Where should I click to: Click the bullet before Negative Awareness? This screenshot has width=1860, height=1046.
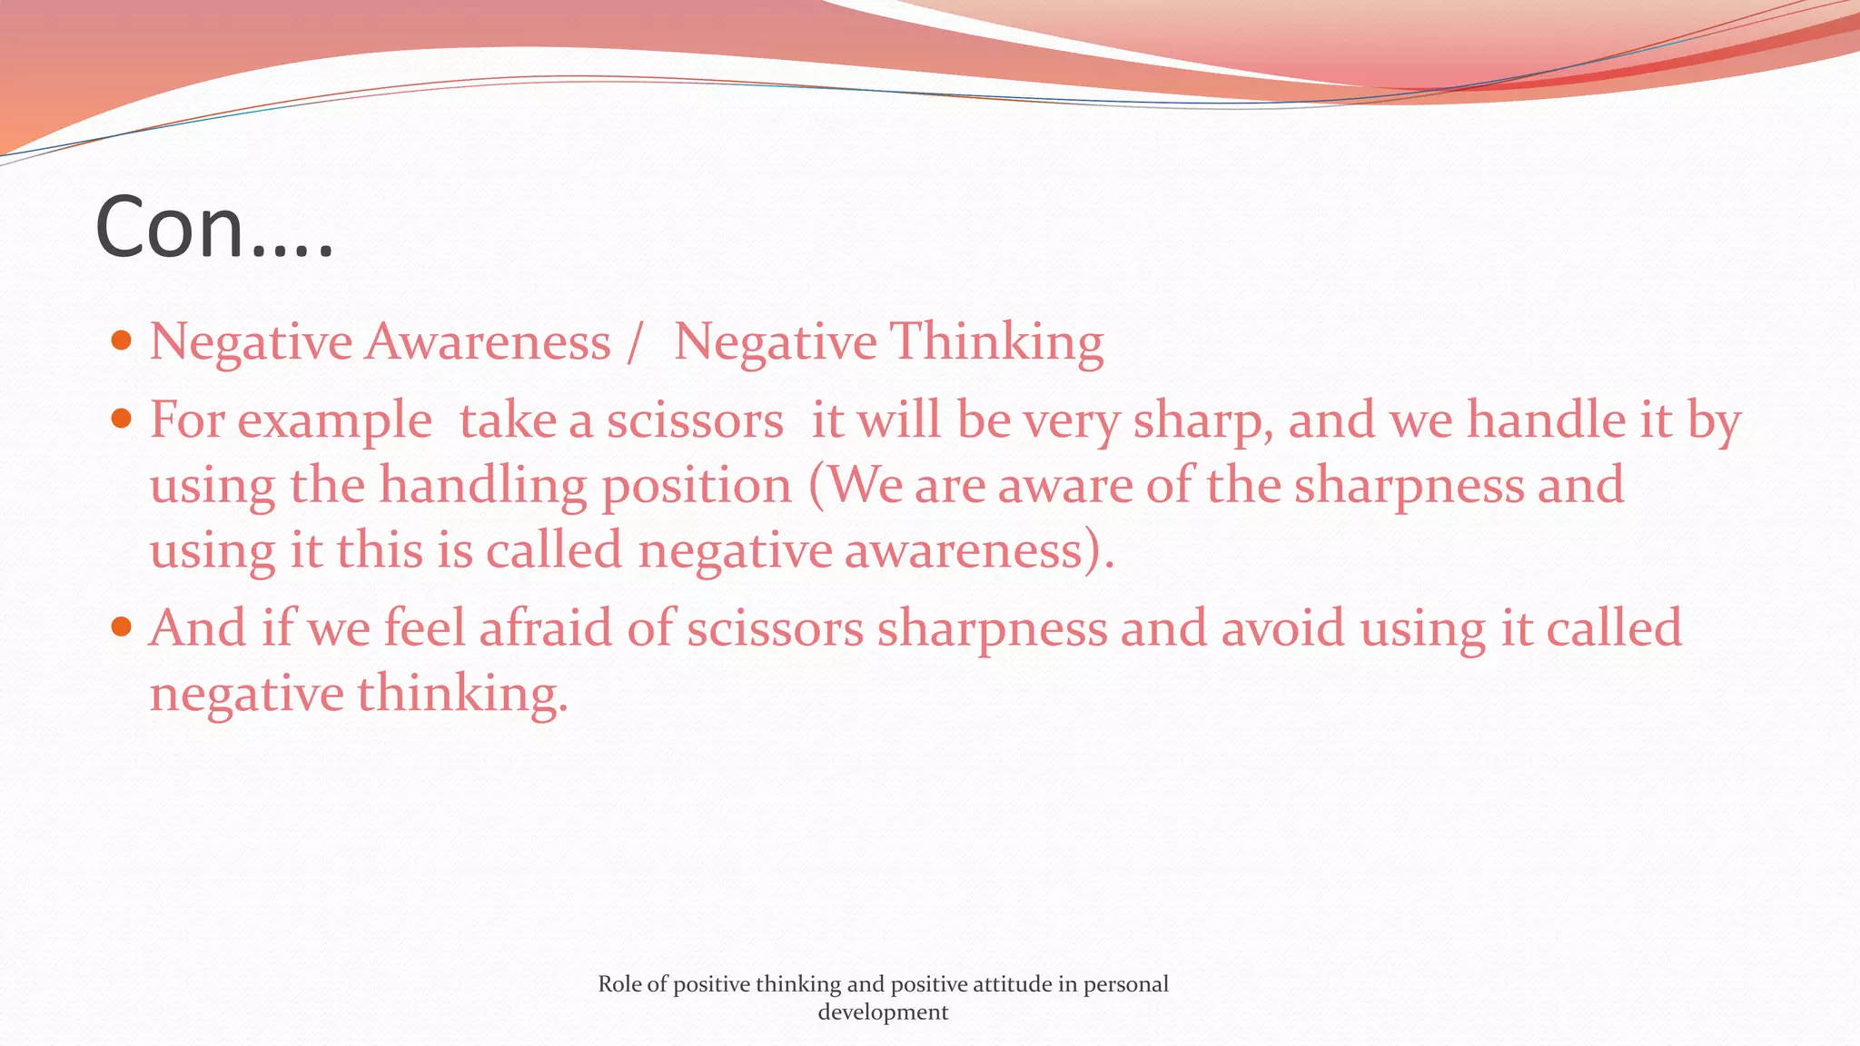click(x=121, y=341)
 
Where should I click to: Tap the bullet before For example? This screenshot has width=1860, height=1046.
click(x=121, y=419)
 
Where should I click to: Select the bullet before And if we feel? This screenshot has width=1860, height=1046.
click(x=121, y=627)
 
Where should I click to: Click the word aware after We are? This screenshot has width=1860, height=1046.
click(x=1064, y=486)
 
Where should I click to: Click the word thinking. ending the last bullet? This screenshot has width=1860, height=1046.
click(x=462, y=696)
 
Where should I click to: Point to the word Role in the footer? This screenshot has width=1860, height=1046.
click(x=619, y=984)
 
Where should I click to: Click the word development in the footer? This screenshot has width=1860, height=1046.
click(x=883, y=1012)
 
